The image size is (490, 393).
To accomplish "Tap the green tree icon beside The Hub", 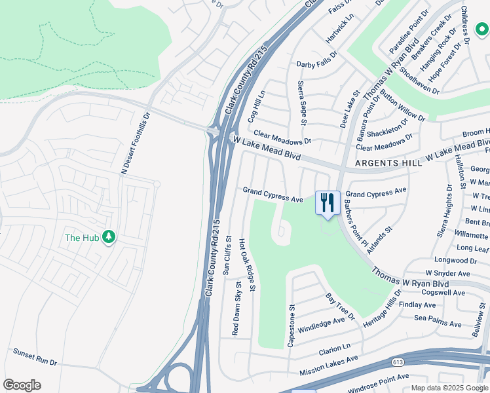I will pos(109,237).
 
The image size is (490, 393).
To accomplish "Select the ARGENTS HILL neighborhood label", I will pos(388,163).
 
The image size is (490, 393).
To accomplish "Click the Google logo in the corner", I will pos(22,385).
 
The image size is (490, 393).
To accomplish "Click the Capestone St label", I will pos(293,325).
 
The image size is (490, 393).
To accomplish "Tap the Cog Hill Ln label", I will pos(257,106).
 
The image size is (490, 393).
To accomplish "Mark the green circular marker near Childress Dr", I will pos(481,28).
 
